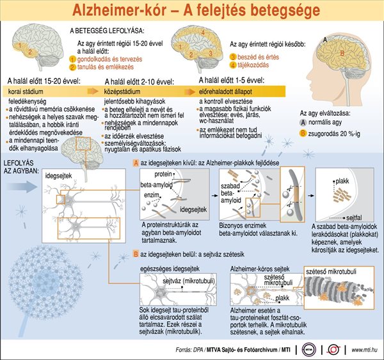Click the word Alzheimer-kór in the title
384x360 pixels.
[x=119, y=10]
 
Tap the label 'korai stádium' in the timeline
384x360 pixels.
[x=26, y=92]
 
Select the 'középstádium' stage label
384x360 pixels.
[x=122, y=92]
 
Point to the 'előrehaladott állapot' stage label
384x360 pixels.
[x=225, y=92]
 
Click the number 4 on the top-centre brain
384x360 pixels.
[x=203, y=33]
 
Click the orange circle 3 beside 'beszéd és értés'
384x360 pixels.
[x=233, y=57]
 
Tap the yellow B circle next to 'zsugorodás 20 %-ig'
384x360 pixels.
[x=303, y=134]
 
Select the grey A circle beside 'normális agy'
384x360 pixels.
[x=303, y=122]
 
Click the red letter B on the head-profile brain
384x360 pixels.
[x=342, y=53]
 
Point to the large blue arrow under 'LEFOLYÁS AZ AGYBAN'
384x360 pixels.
[x=22, y=187]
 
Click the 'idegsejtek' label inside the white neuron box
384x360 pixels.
[x=58, y=175]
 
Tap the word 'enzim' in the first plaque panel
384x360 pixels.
[x=151, y=195]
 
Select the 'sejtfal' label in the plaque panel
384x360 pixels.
[x=354, y=217]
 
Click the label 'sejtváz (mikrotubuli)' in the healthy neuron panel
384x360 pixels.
[x=189, y=281]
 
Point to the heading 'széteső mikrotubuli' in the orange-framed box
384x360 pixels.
[x=331, y=271]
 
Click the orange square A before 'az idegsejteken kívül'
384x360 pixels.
[x=136, y=163]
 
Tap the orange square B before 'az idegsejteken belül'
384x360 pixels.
[x=136, y=254]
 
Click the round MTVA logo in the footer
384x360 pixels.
[x=309, y=349]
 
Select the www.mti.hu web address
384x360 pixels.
[x=364, y=350]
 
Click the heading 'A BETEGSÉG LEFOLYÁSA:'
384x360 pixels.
[x=107, y=31]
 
